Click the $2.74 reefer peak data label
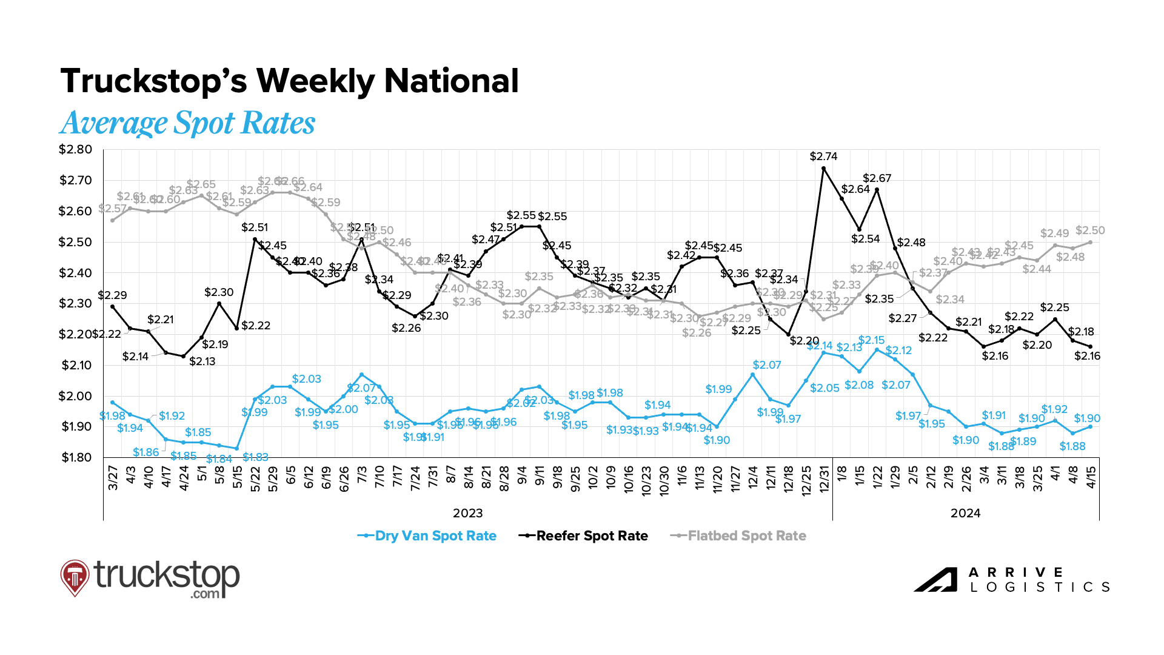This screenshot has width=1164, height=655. [x=823, y=156]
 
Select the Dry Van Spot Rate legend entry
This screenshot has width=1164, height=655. [x=427, y=536]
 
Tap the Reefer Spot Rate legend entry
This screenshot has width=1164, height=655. [x=584, y=536]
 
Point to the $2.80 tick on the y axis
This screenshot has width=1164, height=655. [x=75, y=150]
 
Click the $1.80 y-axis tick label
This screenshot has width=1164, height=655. [x=76, y=457]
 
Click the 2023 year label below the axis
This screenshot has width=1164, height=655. [x=467, y=513]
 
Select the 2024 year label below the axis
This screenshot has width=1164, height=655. [x=965, y=513]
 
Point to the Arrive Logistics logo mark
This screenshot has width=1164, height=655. [x=935, y=580]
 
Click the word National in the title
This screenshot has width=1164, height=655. [x=451, y=81]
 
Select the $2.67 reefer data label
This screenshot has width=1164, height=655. [x=877, y=178]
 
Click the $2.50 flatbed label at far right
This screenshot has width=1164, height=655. [x=1090, y=230]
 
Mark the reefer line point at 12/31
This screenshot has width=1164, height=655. [x=823, y=168]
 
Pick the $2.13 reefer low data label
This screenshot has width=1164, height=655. [x=202, y=361]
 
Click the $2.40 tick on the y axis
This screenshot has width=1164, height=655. [x=75, y=273]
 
